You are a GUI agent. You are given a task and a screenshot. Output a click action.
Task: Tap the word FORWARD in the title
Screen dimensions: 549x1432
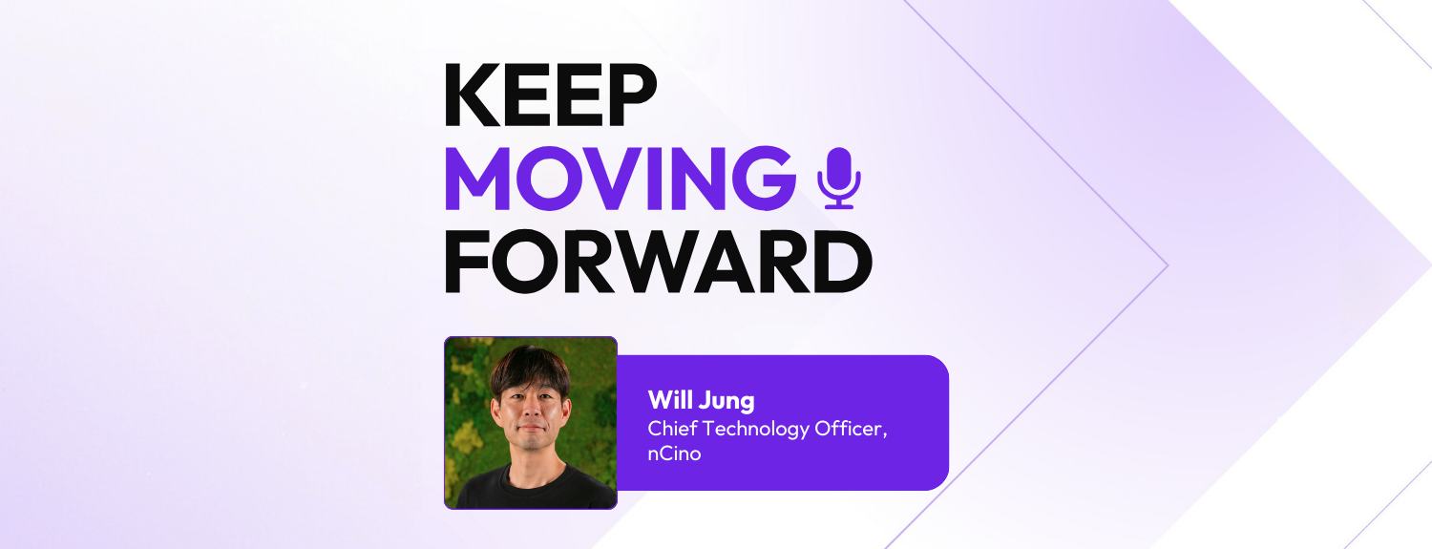[658, 261]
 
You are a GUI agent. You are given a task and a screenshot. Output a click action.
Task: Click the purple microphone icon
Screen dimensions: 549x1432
[839, 178]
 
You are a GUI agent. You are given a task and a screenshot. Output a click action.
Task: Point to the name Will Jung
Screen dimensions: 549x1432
[701, 399]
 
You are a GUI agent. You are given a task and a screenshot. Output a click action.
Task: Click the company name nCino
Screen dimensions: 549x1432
[674, 454]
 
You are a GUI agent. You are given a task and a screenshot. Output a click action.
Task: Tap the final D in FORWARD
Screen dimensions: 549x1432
[842, 261]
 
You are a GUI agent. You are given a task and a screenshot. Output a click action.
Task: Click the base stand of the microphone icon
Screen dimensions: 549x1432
[839, 204]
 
